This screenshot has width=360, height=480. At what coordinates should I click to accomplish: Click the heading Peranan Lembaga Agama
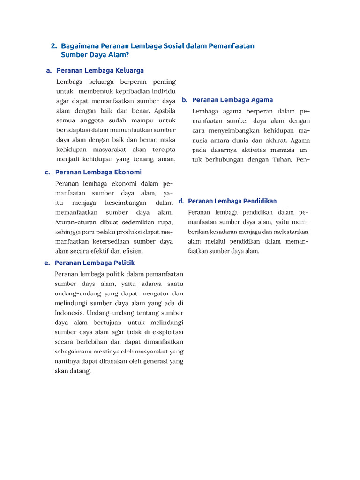point(232,100)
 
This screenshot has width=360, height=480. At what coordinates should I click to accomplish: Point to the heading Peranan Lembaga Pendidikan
point(232,201)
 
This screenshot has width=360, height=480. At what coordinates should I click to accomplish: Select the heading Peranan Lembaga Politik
point(95,263)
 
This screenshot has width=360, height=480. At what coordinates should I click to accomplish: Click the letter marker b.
point(185,100)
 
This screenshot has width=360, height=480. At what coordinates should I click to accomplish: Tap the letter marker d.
point(180,201)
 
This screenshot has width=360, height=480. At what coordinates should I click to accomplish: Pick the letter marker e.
point(47,263)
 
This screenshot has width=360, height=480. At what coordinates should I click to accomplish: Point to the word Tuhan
point(280,159)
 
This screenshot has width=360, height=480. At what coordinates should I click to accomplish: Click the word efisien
point(133,251)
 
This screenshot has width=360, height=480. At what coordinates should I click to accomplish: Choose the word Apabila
point(165,111)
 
